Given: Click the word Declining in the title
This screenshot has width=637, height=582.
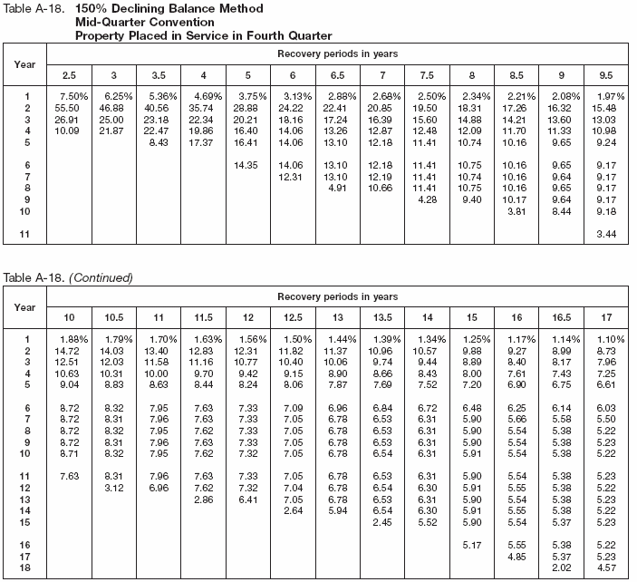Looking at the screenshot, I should tap(153, 8).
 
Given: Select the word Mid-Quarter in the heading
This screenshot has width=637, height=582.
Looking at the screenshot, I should tap(108, 21).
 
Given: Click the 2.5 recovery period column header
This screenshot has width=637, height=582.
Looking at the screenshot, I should tap(69, 73).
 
